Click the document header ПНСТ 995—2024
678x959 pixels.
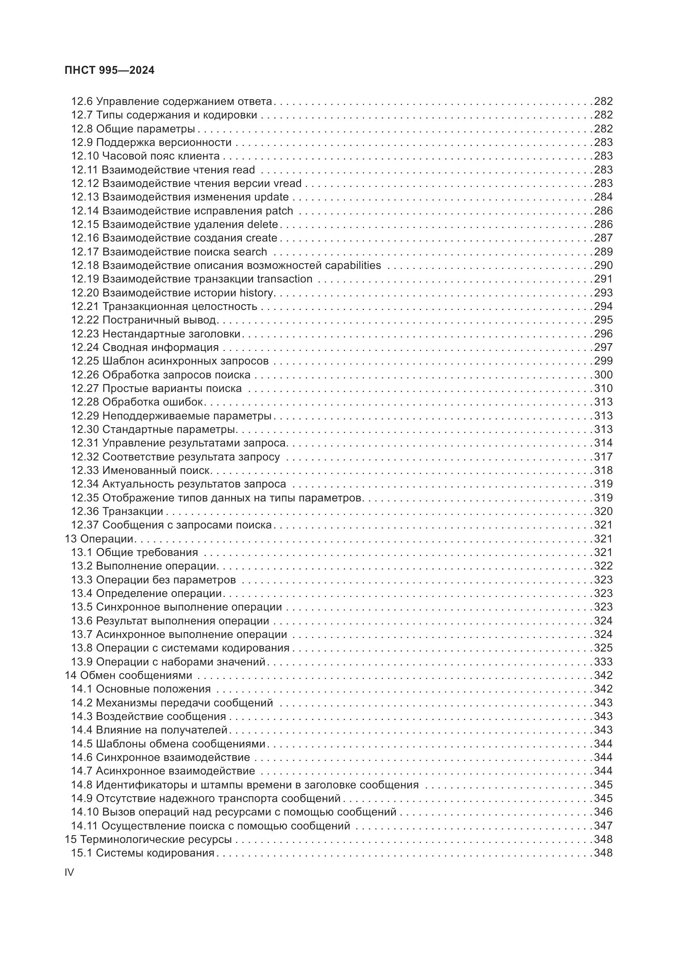tap(109, 71)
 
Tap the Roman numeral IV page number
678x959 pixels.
tap(69, 872)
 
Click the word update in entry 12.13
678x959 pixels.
tap(271, 197)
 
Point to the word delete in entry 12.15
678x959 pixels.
tap(263, 224)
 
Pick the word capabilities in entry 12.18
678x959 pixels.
tap(353, 265)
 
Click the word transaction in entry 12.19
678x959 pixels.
tap(285, 279)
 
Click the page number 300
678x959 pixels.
tap(603, 375)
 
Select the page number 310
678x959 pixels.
tap(603, 388)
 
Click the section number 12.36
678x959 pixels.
tap(85, 511)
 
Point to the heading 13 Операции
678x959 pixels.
tap(98, 539)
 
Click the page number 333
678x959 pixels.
tap(603, 662)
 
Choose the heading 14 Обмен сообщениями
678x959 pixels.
tap(128, 675)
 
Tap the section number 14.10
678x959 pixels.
tap(85, 811)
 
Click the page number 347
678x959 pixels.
tap(603, 825)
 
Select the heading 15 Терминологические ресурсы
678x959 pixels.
tap(148, 839)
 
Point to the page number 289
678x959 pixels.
tap(603, 252)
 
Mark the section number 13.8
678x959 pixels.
tap(82, 648)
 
